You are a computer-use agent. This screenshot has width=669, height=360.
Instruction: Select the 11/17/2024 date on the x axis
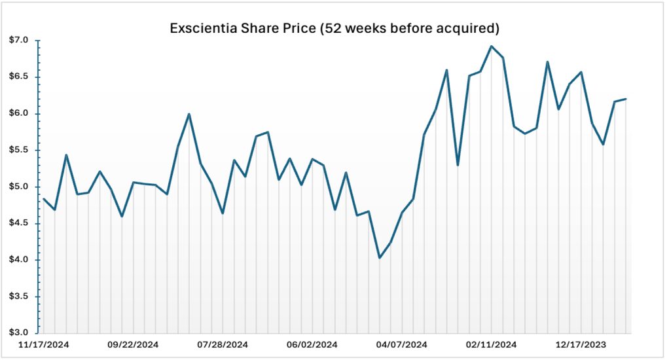pos(43,344)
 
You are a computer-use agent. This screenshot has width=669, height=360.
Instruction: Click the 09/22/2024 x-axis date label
pos(133,344)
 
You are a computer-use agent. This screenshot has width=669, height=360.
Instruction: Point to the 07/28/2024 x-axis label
pos(223,344)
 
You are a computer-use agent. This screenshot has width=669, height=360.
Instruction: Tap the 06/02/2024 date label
pos(312,344)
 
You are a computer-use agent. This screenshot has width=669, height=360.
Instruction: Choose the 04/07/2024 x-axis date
pos(402,344)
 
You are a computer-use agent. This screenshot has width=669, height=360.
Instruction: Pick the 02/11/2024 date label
pos(492,344)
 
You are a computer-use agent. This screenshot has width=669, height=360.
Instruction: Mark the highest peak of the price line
pos(491,46)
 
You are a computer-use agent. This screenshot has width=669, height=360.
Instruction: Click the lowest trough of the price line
pos(380,258)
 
